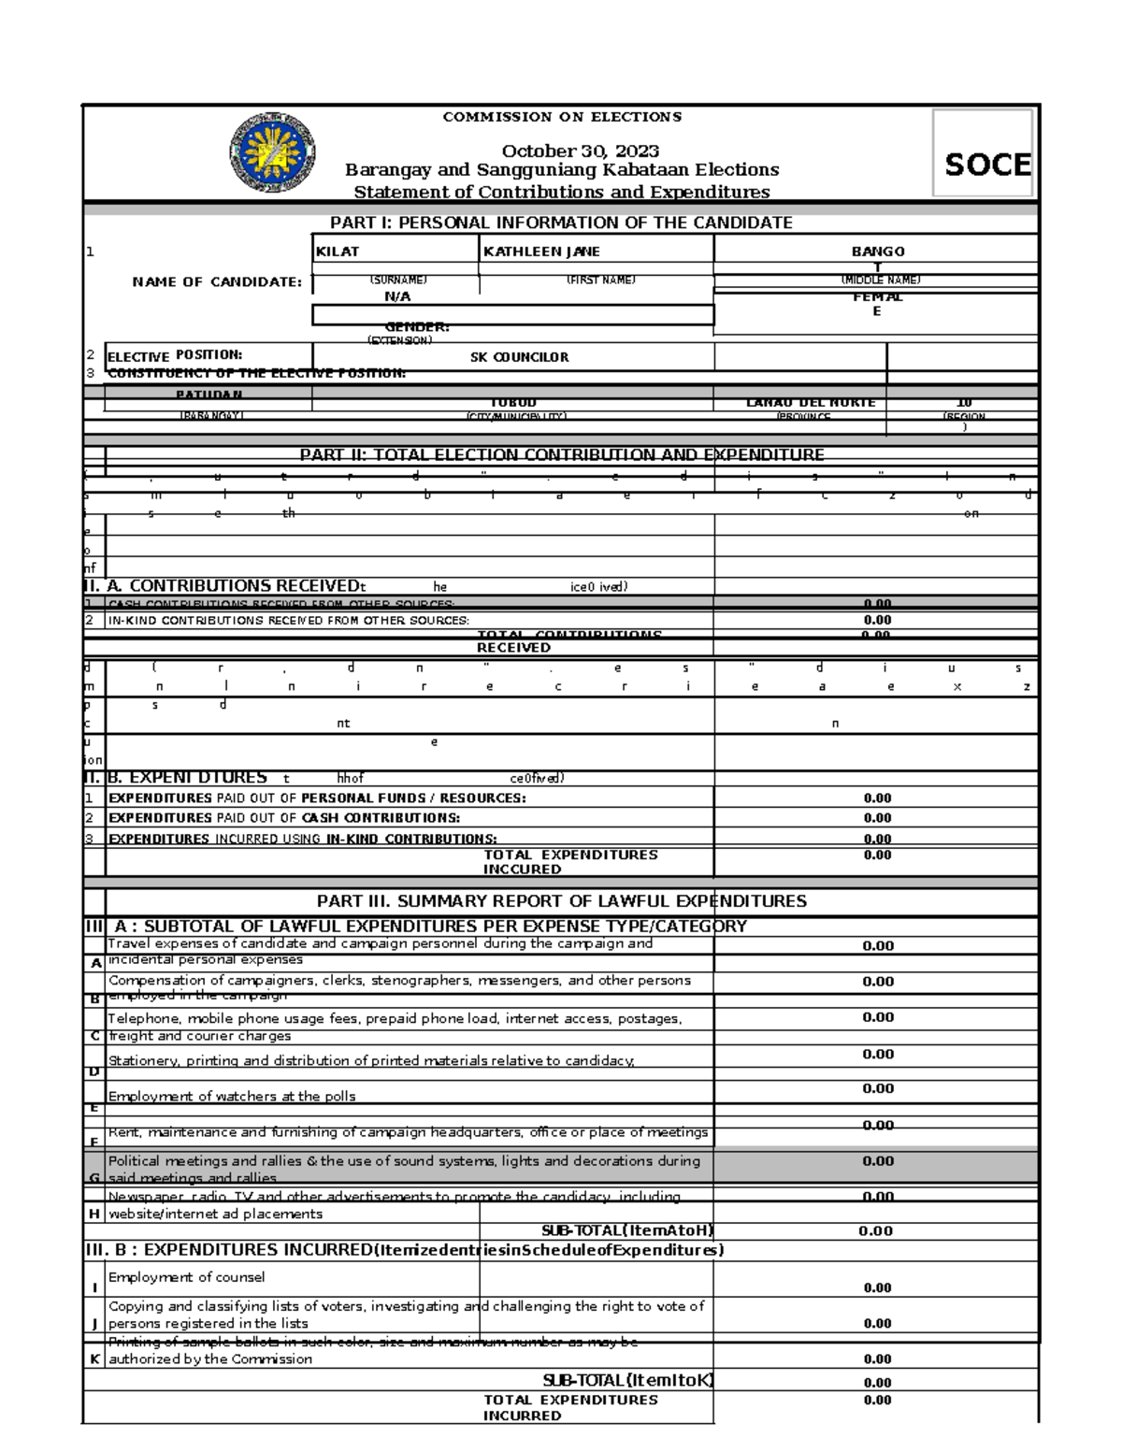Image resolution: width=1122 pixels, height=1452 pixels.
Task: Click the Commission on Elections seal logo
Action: pos(272,152)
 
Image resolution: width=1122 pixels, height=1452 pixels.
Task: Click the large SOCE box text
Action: pos(987,165)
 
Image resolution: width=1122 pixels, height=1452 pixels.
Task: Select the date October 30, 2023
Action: pos(580,151)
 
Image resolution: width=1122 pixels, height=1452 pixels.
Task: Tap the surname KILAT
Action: pos(338,252)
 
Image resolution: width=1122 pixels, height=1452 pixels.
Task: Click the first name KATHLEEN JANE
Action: pos(541,252)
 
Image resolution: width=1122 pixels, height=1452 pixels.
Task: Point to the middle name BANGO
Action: pos(877,252)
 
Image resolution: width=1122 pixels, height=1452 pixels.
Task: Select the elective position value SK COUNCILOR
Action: pos(519,357)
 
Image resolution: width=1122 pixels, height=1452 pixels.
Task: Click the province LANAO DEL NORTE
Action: pos(811,403)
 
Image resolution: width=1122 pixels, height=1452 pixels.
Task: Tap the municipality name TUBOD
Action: pos(513,403)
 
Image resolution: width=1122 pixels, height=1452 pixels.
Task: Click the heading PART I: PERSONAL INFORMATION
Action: pos(561,223)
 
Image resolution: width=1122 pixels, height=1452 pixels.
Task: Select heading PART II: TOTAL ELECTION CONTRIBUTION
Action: pos(561,455)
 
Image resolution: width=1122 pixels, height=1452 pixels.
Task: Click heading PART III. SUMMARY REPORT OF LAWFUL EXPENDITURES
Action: pos(561,901)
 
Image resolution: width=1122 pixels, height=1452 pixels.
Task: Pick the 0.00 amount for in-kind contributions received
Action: pos(877,620)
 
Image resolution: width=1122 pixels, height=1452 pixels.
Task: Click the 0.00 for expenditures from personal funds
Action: pos(877,798)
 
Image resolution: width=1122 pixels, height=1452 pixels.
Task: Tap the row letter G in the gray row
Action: pos(93,1177)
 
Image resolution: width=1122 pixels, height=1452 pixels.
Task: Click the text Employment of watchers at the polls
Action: pos(232,1097)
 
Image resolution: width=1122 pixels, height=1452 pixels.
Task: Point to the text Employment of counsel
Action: pos(186,1277)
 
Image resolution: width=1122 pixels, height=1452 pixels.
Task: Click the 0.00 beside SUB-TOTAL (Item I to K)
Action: pos(877,1383)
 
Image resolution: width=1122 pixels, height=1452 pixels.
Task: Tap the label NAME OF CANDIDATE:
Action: pos(217,281)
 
